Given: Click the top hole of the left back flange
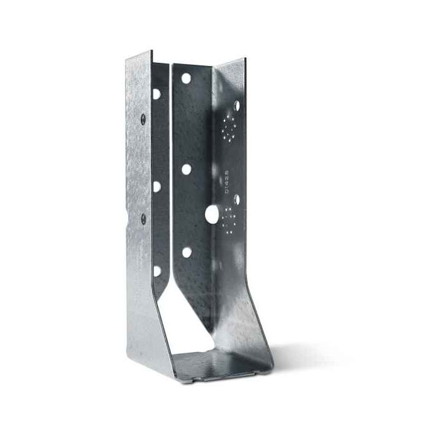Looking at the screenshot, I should coord(156,94).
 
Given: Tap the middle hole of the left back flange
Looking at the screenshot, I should coord(156,186).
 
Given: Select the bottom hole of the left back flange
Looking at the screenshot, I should coord(156,271).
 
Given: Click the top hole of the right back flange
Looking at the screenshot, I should coord(186,79).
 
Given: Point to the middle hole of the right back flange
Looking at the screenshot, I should coord(187,169).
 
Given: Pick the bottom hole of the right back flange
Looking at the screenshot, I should coord(187,252).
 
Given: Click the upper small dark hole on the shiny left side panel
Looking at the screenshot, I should coord(143,118).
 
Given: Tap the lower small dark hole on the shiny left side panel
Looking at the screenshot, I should coord(143,219).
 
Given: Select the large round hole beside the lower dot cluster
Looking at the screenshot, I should coord(212,215).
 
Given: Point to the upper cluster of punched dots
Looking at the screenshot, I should coord(227,128).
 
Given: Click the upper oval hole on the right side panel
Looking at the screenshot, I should coord(237,106).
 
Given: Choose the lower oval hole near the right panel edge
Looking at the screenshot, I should coord(237,199).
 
